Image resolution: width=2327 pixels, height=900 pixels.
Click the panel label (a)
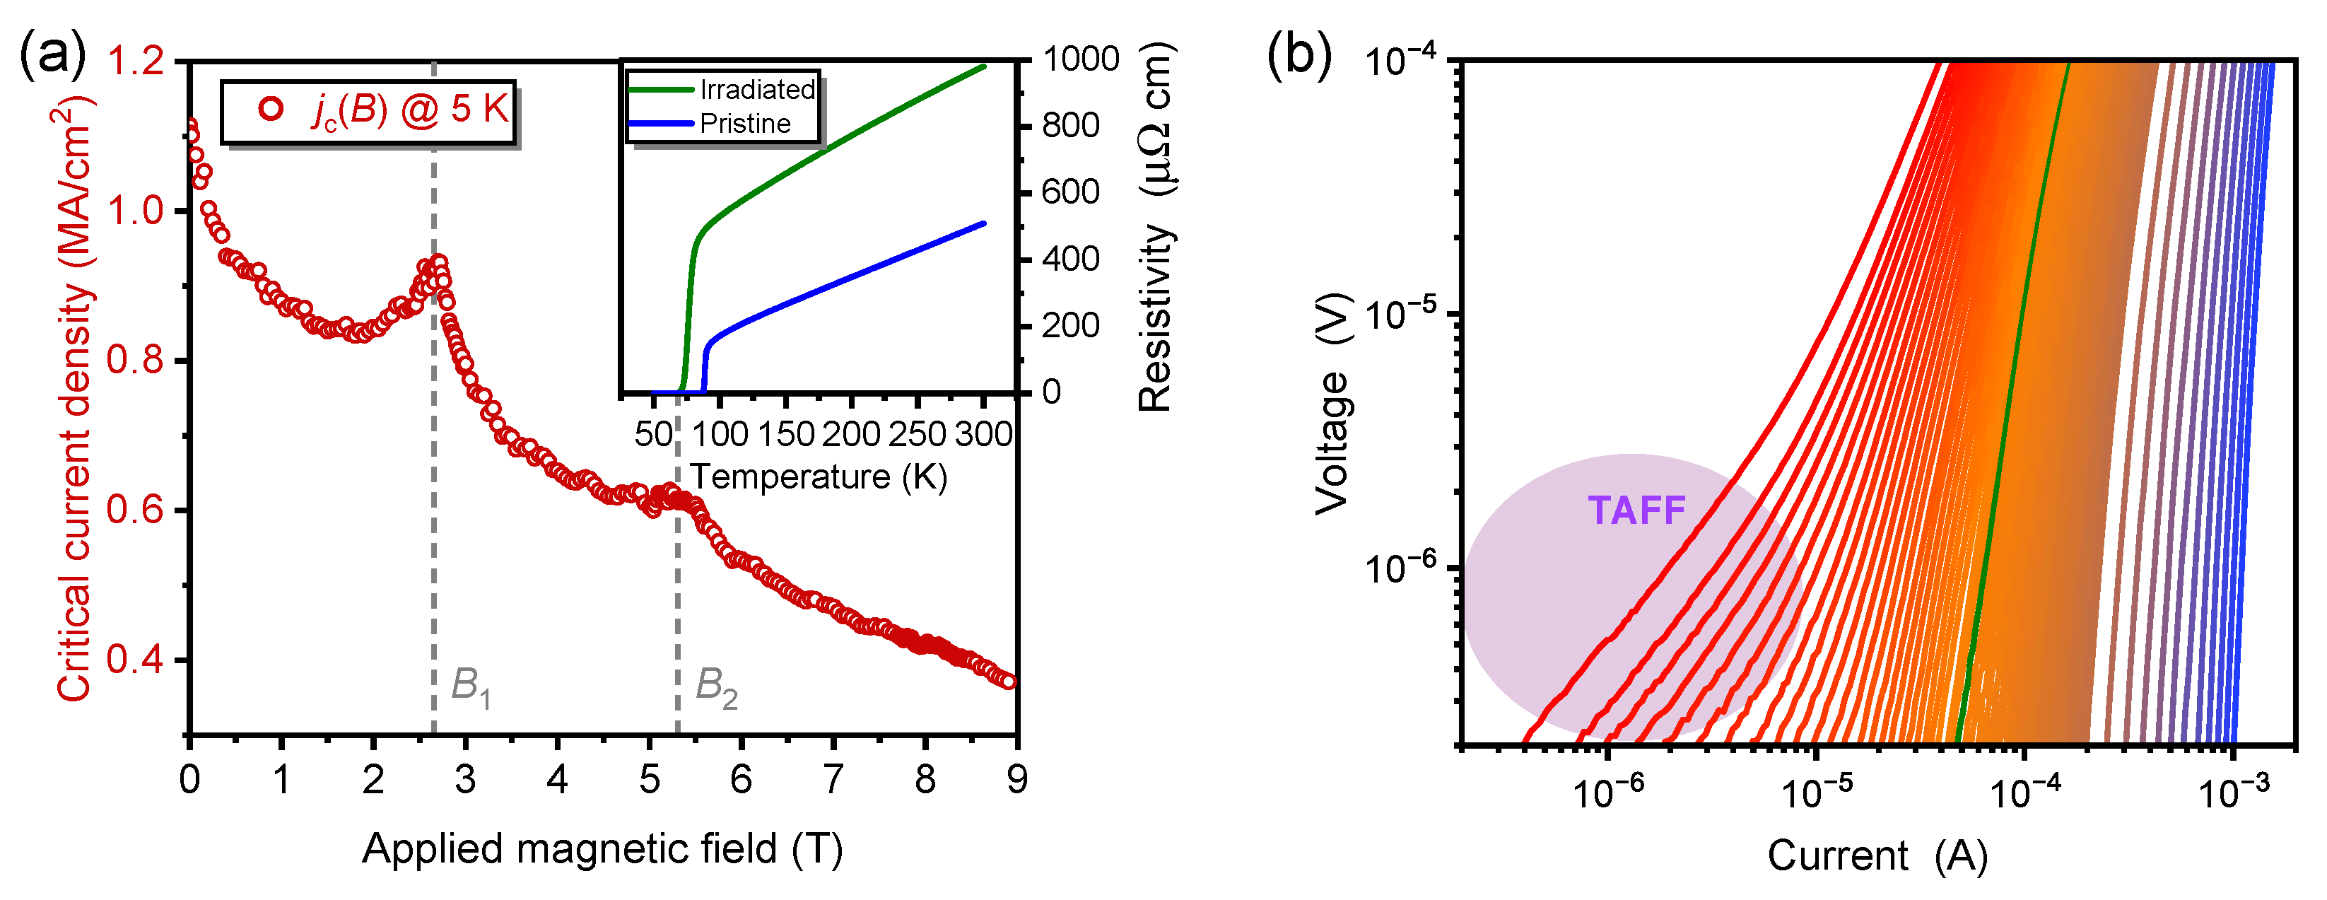(x=52, y=56)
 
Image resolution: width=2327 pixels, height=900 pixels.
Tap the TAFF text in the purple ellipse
(x=1636, y=511)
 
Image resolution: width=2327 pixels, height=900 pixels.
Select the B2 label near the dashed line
(x=715, y=689)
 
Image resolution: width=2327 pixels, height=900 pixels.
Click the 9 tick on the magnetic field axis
(x=1017, y=780)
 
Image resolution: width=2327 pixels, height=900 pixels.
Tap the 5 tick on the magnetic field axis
(x=649, y=780)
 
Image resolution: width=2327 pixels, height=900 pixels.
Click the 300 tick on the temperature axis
(x=983, y=435)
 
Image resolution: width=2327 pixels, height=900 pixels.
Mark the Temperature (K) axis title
(x=819, y=477)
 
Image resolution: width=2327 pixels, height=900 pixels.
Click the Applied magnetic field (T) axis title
(x=602, y=849)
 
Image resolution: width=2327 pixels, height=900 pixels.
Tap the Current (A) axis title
(x=1877, y=855)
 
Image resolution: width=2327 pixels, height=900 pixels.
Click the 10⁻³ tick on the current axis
(x=2232, y=794)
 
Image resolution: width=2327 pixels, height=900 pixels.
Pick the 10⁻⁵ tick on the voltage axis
(x=1400, y=315)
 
